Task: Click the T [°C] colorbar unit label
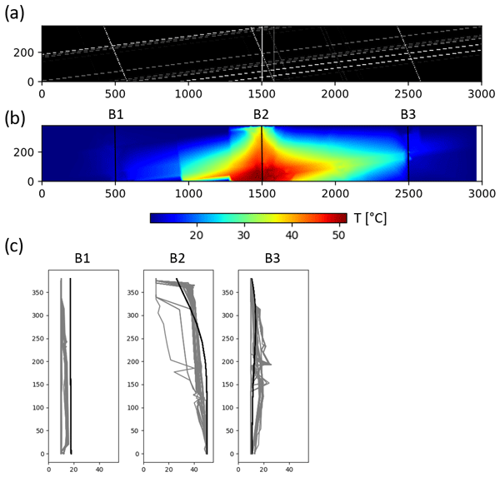point(369,218)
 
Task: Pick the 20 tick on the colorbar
point(197,236)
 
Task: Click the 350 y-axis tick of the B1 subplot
point(39,293)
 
